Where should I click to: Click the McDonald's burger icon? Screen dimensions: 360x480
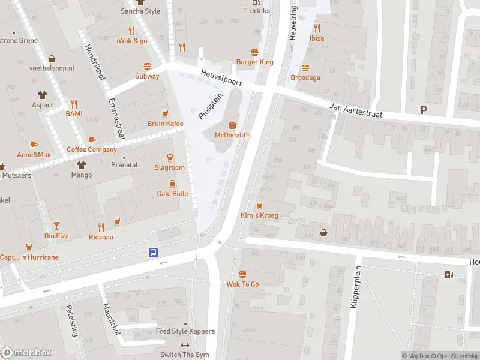233,125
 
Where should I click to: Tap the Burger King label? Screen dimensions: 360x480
254,62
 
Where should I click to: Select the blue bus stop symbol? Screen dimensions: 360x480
154,253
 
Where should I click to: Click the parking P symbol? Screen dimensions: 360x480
424,110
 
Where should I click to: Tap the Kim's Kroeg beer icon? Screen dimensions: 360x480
259,205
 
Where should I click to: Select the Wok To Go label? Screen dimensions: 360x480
242,284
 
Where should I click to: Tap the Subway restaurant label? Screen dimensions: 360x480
147,76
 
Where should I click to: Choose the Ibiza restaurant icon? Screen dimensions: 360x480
316,28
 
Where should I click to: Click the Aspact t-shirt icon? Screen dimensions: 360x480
42,95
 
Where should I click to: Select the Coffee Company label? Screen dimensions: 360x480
92,150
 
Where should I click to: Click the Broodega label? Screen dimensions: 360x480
305,77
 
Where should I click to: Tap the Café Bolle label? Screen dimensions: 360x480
172,193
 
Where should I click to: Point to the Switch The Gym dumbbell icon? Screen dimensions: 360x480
184,345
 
